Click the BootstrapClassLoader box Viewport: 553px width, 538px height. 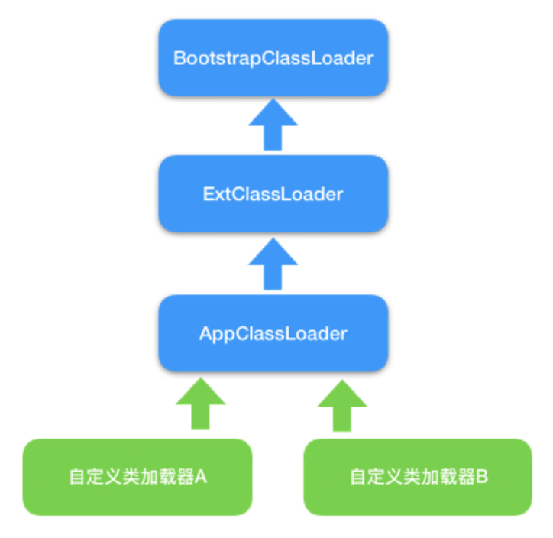click(x=273, y=58)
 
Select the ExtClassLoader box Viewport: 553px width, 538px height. click(x=273, y=194)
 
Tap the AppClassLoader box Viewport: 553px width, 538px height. click(x=273, y=333)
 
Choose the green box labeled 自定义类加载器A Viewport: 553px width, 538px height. click(x=137, y=477)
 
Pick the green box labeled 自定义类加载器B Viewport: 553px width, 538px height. click(x=418, y=477)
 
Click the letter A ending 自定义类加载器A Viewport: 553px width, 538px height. click(x=202, y=477)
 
